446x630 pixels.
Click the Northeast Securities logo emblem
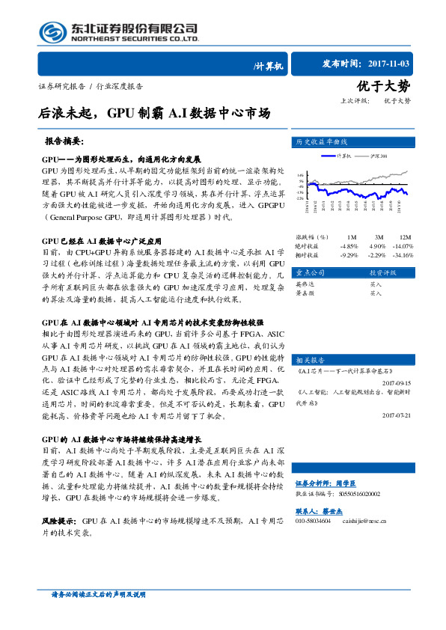pos(53,31)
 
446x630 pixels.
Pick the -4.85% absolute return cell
pos(349,245)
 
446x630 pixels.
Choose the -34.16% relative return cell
pos(403,254)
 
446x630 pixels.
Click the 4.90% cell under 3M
pos(376,245)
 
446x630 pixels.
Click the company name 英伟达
pos(305,285)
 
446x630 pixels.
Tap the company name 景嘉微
pos(305,293)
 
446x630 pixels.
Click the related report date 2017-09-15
pos(396,382)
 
